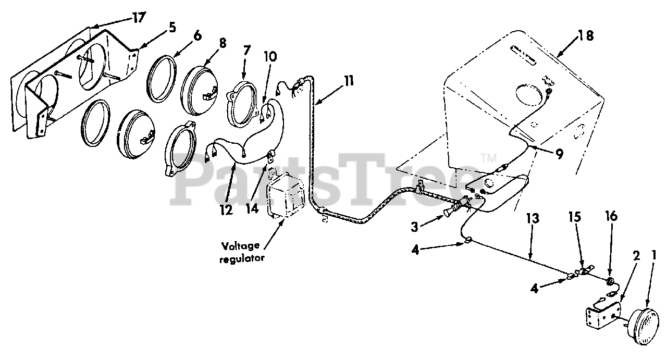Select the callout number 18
586,35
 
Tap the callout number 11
348,81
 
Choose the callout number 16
611,216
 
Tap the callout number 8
223,44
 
